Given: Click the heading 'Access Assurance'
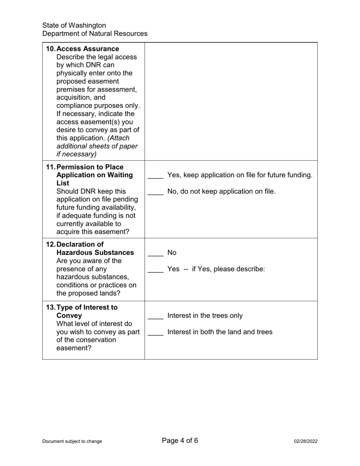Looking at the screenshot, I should tap(88, 49).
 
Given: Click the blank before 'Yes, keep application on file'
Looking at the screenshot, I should tap(155, 175).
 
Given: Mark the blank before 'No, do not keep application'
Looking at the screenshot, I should tap(155, 192).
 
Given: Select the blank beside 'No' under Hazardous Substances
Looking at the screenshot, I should tap(155, 253).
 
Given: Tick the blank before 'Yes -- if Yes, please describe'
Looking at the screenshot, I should tap(155, 269).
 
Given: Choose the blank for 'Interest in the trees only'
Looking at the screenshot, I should tap(155, 316).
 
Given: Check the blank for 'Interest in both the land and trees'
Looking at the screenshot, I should tap(155, 332).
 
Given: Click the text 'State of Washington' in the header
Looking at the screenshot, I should tap(74, 25).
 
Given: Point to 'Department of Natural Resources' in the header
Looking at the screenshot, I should tap(95, 34).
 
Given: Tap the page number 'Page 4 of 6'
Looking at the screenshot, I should tap(180, 440).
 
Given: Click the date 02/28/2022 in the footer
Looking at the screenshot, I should tap(305, 441).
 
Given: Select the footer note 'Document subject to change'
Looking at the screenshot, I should tap(72, 441).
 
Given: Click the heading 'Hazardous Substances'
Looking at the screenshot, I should tap(95, 252).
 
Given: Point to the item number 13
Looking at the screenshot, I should tap(50, 307).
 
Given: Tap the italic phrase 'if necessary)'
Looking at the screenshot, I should tap(77, 154).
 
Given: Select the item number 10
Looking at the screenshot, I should tap(50, 49).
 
